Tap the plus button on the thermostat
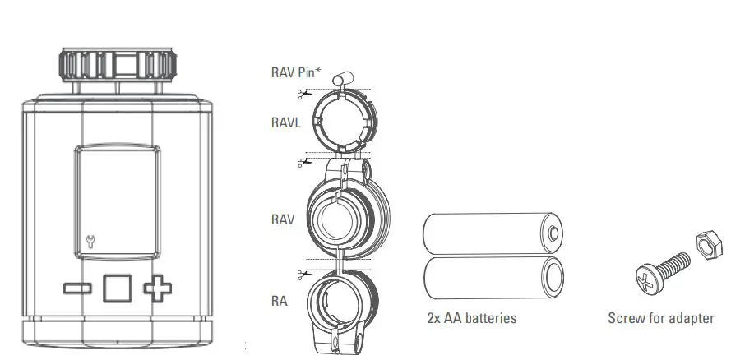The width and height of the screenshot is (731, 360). (158, 288)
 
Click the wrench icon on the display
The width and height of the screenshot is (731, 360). (90, 241)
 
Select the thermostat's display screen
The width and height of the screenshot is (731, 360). (117, 202)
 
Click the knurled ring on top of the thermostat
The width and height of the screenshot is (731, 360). (115, 65)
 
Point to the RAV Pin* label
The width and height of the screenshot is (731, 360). (296, 72)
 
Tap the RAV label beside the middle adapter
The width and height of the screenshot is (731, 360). (283, 220)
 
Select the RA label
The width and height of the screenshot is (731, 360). (279, 301)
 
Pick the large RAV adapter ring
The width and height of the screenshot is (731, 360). (344, 220)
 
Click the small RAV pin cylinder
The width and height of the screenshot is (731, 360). (342, 79)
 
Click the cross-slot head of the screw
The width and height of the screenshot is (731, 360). (645, 278)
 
